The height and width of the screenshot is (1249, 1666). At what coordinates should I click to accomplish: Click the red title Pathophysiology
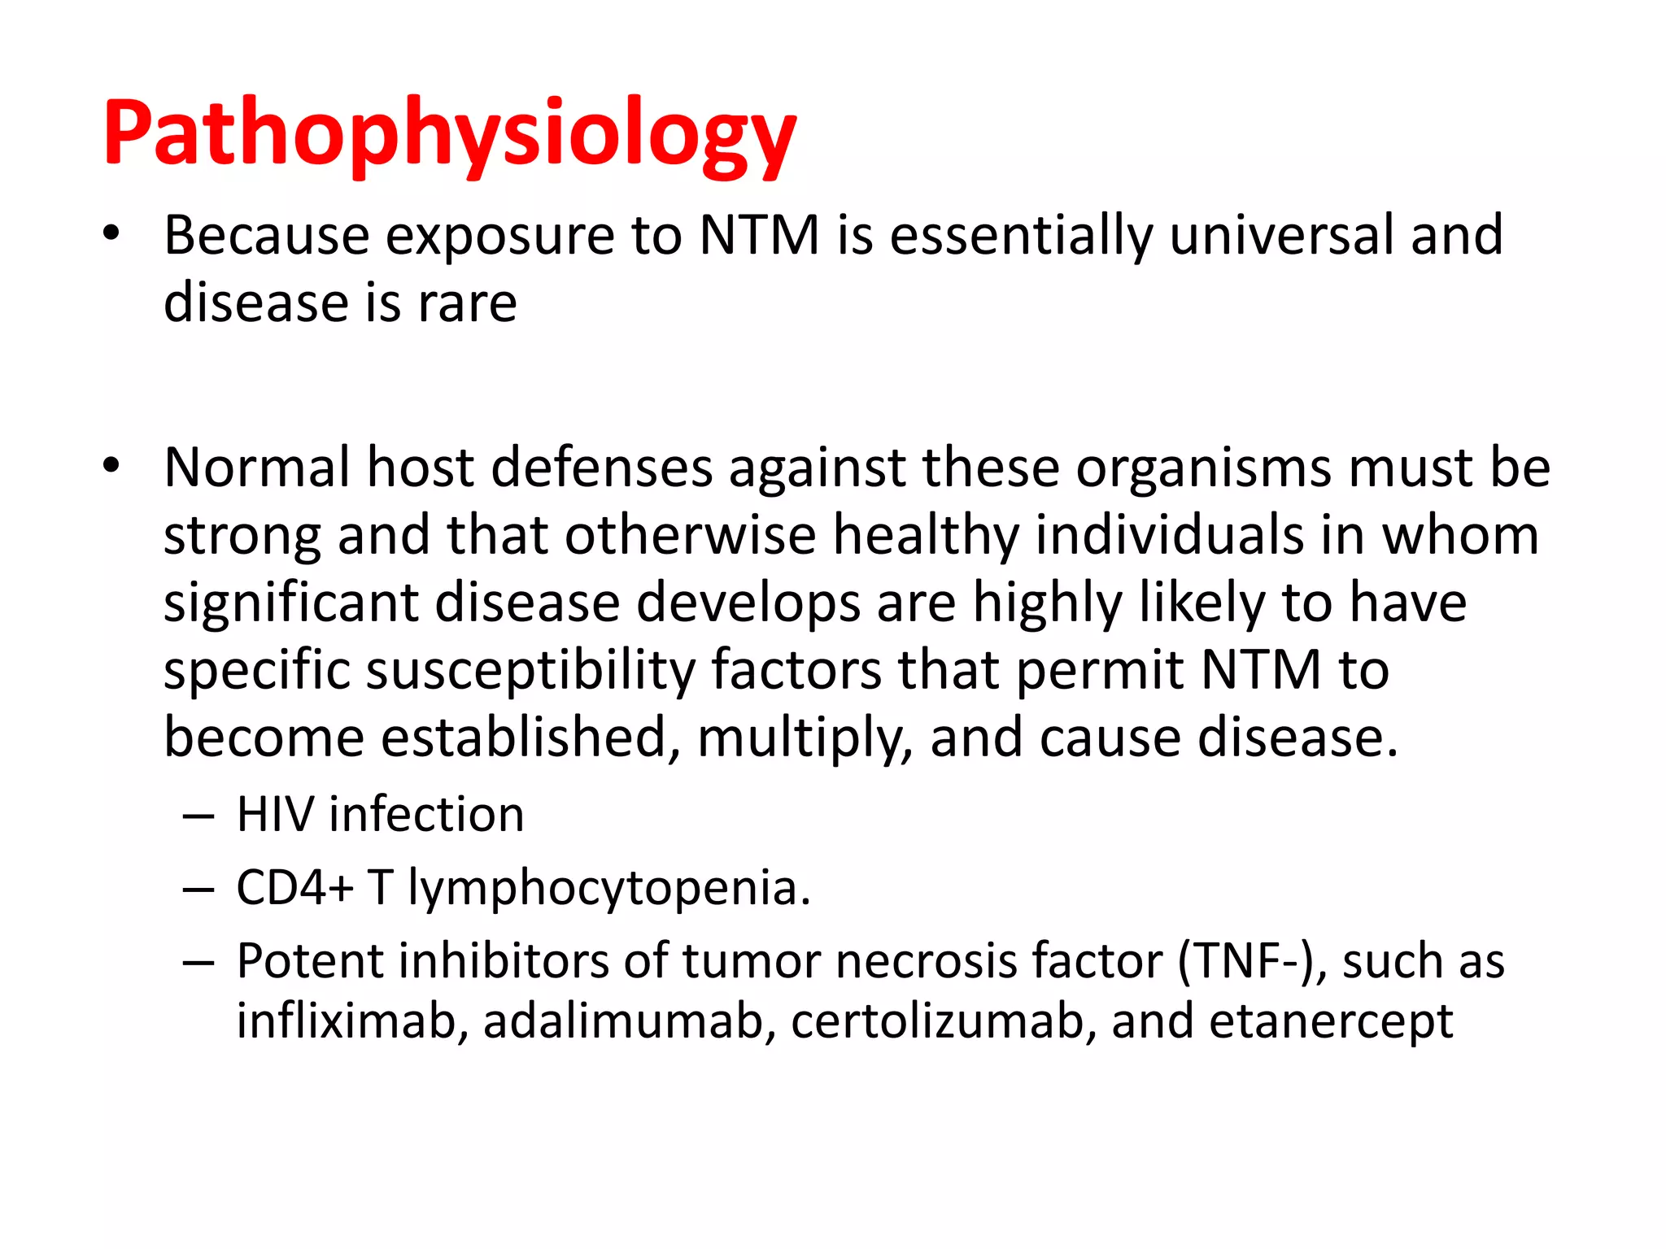point(449,134)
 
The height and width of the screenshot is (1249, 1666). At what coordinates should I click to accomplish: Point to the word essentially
point(1021,236)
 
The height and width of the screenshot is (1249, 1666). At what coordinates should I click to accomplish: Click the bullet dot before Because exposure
point(111,234)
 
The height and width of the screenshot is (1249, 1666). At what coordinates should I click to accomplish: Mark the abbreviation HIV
point(274,815)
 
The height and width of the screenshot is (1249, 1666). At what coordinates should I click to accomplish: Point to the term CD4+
point(294,888)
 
